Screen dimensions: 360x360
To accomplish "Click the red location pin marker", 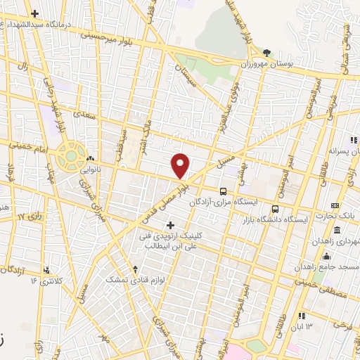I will tap(181, 166).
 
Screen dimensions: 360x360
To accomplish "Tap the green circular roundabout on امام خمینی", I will tap(70, 155).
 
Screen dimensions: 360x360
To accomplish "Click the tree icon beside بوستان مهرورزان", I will tap(266, 53).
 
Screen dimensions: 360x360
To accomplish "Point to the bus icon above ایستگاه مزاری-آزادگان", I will tap(224, 191).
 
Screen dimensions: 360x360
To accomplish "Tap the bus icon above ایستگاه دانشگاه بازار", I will tap(274, 208).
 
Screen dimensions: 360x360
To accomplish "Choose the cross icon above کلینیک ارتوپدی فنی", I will tap(170, 224).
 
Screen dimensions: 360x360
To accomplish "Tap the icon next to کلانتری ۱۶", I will tap(47, 269).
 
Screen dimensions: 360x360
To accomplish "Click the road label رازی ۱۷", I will tap(31, 216).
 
